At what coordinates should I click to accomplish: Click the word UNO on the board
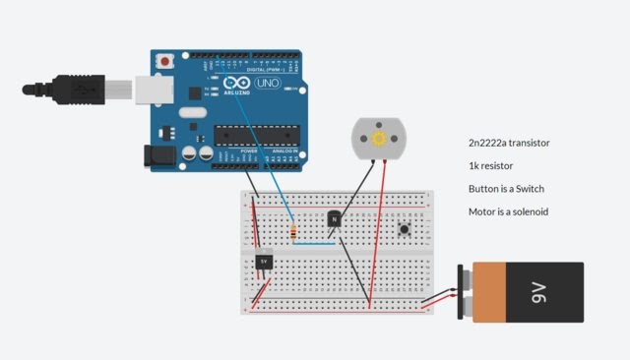267,85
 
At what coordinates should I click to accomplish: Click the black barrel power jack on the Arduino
157,154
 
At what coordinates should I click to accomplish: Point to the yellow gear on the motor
377,140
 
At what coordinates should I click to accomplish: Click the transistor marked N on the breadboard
336,218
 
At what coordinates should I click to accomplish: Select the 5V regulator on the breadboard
263,261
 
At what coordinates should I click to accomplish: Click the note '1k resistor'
490,166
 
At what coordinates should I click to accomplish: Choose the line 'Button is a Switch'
506,189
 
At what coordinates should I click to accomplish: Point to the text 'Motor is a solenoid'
508,211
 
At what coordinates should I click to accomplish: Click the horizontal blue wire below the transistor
315,242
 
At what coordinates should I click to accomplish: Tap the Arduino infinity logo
236,85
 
